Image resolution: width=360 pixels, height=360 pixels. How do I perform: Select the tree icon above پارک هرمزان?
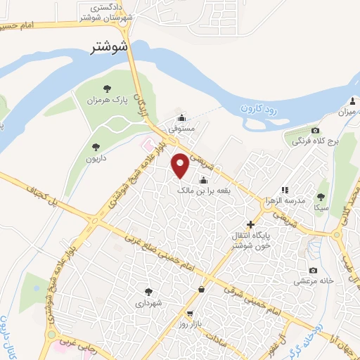pyautogui.click(x=108, y=89)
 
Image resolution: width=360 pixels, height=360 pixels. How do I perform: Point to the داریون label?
pyautogui.click(x=96, y=159)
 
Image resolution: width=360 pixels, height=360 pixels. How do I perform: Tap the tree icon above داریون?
pyautogui.click(x=96, y=147)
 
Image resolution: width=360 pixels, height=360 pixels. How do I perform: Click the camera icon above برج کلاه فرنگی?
pyautogui.click(x=315, y=130)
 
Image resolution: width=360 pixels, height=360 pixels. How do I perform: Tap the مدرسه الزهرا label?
pyautogui.click(x=284, y=200)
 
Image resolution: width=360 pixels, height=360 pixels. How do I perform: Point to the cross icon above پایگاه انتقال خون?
pyautogui.click(x=251, y=224)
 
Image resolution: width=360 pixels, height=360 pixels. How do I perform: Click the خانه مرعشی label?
pyautogui.click(x=314, y=282)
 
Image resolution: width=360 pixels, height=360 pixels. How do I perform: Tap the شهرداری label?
pyautogui.click(x=148, y=303)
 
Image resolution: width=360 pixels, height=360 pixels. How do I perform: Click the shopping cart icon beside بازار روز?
pyautogui.click(x=190, y=314)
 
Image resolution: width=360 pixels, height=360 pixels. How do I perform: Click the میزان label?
pyautogui.click(x=349, y=112)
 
